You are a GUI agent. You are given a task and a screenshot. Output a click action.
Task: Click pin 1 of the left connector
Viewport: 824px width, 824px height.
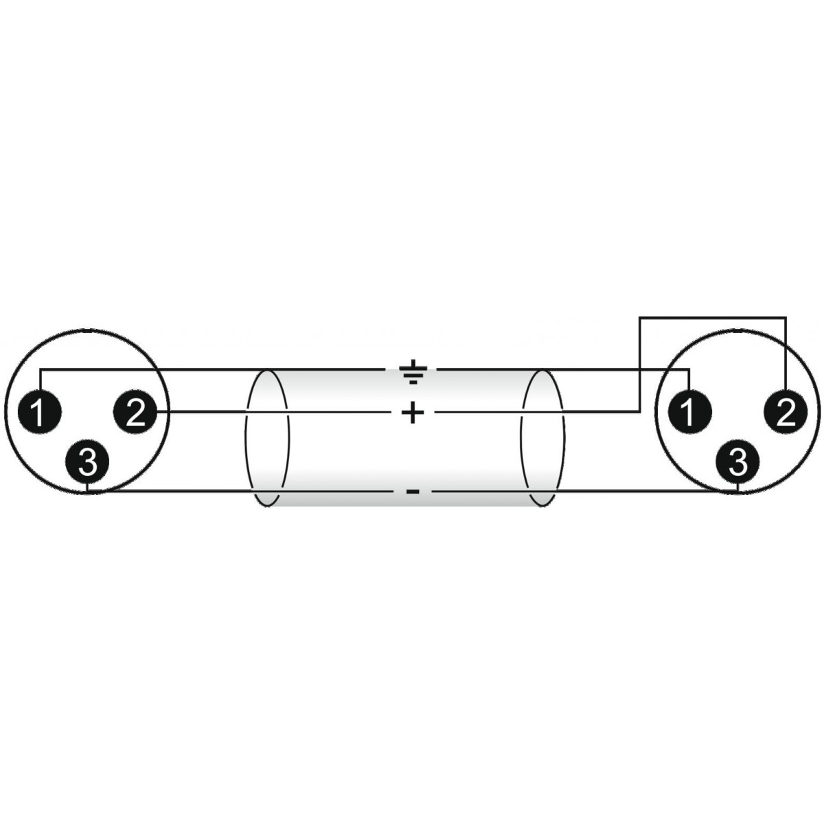coord(39,412)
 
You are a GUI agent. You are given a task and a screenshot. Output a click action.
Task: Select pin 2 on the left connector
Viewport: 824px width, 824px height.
coord(135,412)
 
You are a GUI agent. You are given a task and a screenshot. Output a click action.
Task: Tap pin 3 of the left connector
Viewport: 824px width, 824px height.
coord(87,461)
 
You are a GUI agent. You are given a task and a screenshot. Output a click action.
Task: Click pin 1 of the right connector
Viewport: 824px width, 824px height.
coord(689,412)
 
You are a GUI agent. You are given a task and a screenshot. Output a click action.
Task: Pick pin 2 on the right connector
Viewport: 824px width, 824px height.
coord(786,412)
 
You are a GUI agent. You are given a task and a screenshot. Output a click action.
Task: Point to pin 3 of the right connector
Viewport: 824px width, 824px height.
coord(737,461)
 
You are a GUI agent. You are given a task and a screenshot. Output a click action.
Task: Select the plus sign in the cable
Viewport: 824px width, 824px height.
coord(413,413)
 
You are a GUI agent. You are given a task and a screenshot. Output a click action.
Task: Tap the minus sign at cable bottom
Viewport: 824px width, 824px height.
coord(413,492)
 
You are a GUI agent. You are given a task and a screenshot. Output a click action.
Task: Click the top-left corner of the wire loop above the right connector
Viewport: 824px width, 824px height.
coord(640,317)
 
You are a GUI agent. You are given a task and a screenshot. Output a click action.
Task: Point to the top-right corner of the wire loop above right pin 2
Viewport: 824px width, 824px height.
coord(786,317)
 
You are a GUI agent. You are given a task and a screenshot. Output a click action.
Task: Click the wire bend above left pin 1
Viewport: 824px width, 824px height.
coord(40,369)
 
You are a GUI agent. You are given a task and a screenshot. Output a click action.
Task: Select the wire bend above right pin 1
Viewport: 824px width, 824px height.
coord(689,369)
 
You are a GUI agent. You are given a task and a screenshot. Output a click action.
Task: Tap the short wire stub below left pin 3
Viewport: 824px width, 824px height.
coord(87,488)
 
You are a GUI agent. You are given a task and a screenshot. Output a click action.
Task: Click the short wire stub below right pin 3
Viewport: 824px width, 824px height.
coord(737,488)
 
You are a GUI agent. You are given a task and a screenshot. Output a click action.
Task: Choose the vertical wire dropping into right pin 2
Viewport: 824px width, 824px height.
coord(786,354)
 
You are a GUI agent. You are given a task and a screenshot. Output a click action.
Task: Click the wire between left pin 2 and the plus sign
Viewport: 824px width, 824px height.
coord(275,412)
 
